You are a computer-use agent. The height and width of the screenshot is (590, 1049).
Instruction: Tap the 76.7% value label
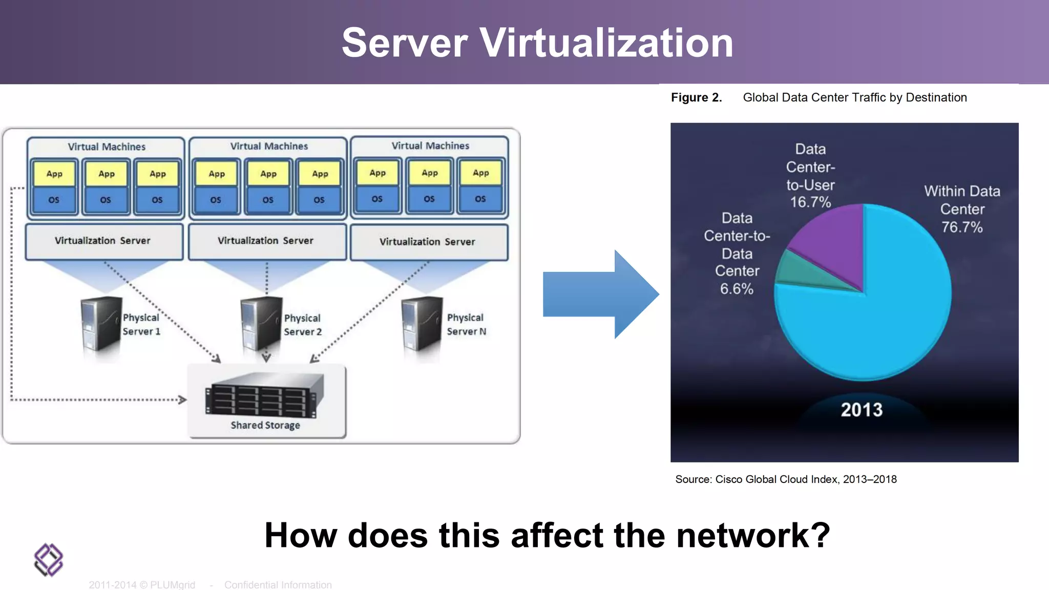[x=962, y=227]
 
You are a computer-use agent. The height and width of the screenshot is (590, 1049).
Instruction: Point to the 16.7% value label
[x=810, y=202]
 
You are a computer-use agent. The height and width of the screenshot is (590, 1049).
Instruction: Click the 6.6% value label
[x=737, y=289]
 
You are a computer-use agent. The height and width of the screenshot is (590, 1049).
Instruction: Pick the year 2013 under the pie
[x=862, y=410]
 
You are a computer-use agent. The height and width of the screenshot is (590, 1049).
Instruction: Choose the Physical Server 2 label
[x=303, y=325]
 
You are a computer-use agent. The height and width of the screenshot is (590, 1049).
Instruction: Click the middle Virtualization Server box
[x=266, y=241]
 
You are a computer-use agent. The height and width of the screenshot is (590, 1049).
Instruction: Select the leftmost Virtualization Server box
[x=103, y=241]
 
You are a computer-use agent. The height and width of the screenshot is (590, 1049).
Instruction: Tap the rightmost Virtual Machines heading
[x=430, y=146]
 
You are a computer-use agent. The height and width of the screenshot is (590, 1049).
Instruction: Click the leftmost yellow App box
[x=54, y=174]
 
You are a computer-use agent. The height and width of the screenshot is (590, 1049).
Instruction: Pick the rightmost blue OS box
[x=480, y=199]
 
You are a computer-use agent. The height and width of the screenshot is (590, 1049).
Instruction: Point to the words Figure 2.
[x=696, y=98]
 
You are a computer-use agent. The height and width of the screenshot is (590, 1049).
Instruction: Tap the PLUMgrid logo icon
[x=49, y=560]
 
